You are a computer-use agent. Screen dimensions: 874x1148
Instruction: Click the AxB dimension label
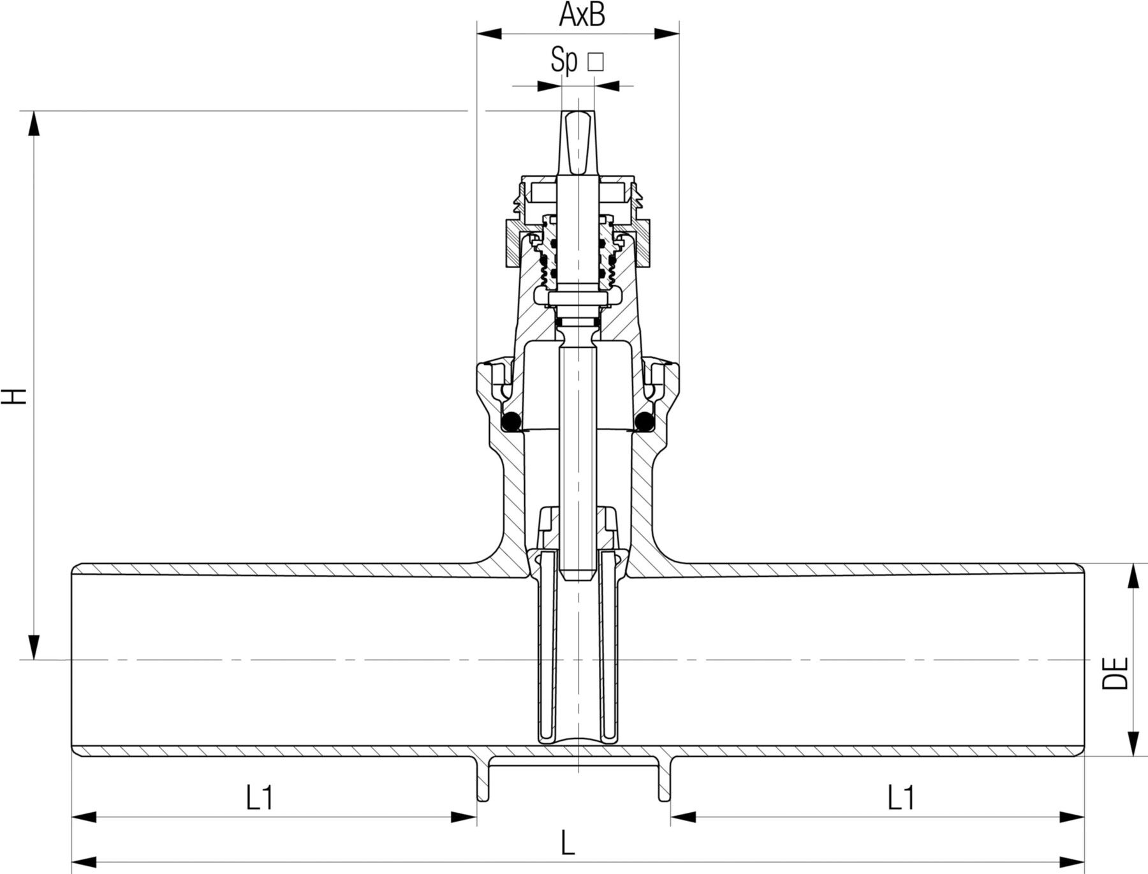click(x=582, y=15)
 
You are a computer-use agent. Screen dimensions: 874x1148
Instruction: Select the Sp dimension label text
click(x=564, y=61)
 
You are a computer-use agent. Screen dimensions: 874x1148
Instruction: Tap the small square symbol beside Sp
click(x=595, y=62)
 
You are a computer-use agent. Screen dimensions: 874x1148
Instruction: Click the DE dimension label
click(x=1115, y=673)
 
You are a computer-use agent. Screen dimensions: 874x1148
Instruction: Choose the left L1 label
click(x=260, y=798)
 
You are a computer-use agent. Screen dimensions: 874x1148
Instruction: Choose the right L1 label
click(x=901, y=798)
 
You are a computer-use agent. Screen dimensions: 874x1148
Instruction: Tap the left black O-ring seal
click(x=511, y=422)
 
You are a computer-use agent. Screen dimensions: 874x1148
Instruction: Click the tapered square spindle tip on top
click(x=578, y=143)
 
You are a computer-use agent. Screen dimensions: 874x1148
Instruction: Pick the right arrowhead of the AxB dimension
click(x=667, y=33)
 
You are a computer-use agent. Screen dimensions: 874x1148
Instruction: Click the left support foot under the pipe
click(x=483, y=781)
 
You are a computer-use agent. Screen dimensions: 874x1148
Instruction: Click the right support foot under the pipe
click(x=665, y=781)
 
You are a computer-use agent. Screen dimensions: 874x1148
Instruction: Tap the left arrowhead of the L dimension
click(x=84, y=859)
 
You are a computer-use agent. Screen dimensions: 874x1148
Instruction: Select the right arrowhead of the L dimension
click(x=1073, y=859)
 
